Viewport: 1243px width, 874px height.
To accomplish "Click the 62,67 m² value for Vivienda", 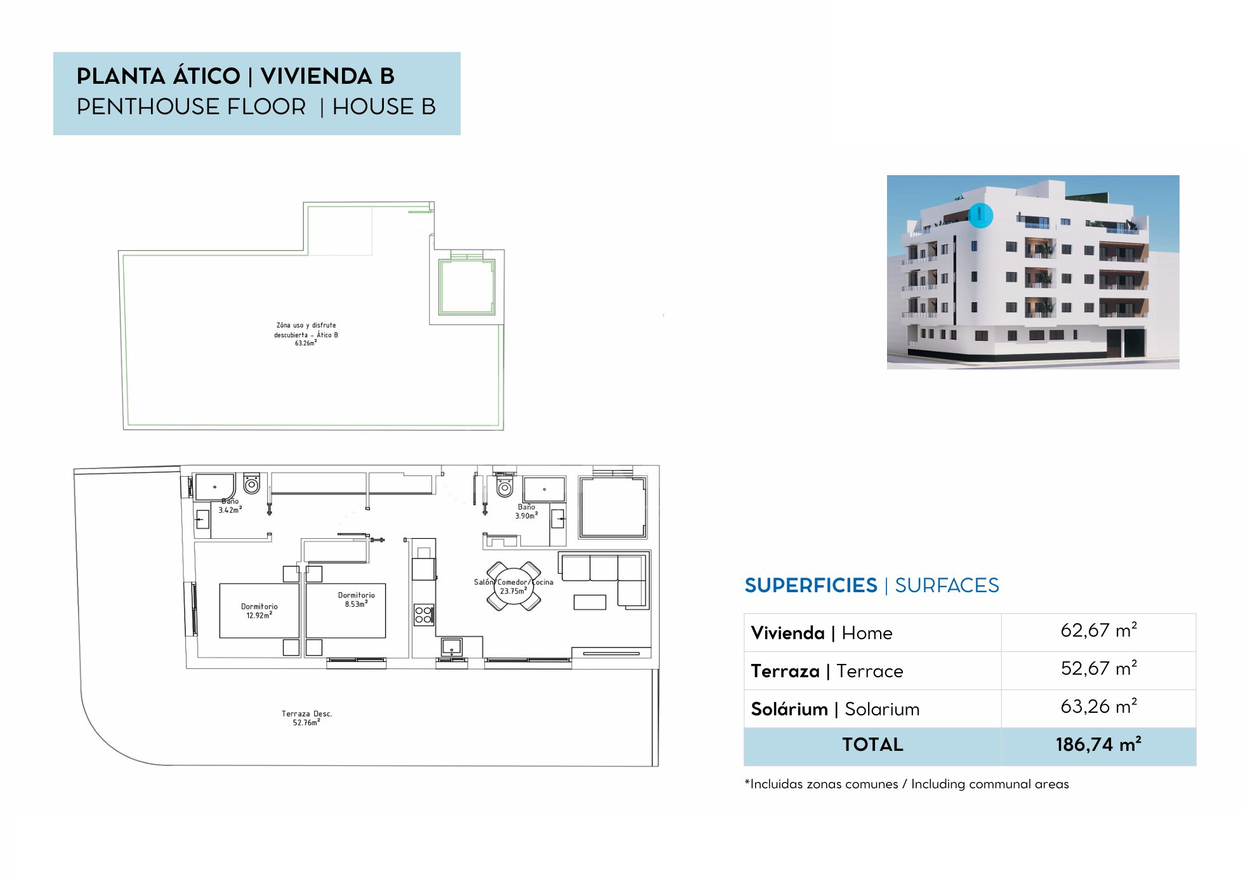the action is pyautogui.click(x=1098, y=630).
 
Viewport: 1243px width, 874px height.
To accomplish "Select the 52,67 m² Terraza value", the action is pyautogui.click(x=1098, y=668).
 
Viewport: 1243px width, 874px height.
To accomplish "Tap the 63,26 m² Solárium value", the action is pyautogui.click(x=1098, y=706).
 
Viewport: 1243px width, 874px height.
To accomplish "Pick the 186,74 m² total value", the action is pyautogui.click(x=1098, y=745).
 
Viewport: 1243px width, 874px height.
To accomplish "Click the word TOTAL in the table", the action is pyautogui.click(x=872, y=745).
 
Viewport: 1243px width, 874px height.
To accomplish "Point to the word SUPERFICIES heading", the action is pyautogui.click(x=811, y=585).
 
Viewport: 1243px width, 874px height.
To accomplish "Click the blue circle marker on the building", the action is pyautogui.click(x=980, y=215).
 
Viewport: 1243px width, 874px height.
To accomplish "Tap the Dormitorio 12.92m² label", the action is pyautogui.click(x=259, y=611).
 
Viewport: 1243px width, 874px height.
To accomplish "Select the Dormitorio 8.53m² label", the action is pyautogui.click(x=356, y=600).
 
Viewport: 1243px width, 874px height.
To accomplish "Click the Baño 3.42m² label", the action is pyautogui.click(x=230, y=506).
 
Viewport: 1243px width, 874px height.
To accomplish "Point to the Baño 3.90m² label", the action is pyautogui.click(x=526, y=512).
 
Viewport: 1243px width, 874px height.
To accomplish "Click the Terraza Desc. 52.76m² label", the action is pyautogui.click(x=306, y=718).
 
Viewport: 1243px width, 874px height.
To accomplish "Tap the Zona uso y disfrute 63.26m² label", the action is pyautogui.click(x=306, y=334).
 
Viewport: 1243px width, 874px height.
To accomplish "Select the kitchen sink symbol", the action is pyautogui.click(x=451, y=647).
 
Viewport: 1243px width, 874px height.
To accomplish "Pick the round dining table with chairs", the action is pyautogui.click(x=513, y=586).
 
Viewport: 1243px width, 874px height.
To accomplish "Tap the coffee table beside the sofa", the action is pyautogui.click(x=589, y=602).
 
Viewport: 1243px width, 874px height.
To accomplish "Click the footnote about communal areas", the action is pyautogui.click(x=906, y=784).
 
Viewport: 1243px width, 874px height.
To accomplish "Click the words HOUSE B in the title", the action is pyautogui.click(x=384, y=107).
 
